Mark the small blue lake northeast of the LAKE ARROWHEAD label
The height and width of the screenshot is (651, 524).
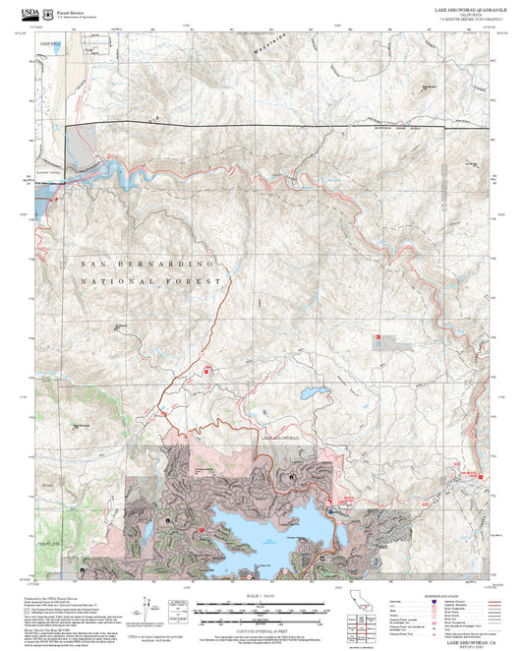317,393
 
